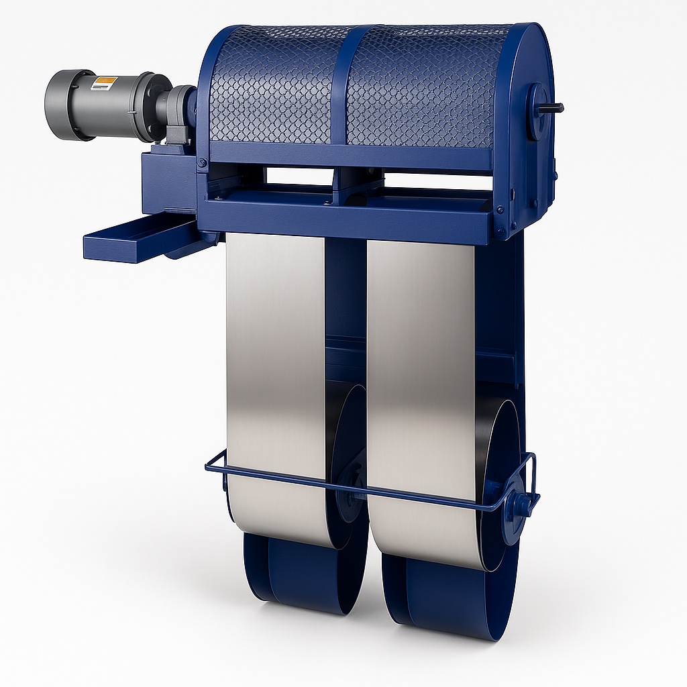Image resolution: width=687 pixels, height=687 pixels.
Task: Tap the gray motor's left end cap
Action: point(59,105)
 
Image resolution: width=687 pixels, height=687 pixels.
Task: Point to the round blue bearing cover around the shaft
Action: point(536,111)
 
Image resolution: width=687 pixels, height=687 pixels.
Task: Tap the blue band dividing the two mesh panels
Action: point(342,84)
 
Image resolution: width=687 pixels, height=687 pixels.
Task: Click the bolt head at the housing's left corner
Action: point(202,162)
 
